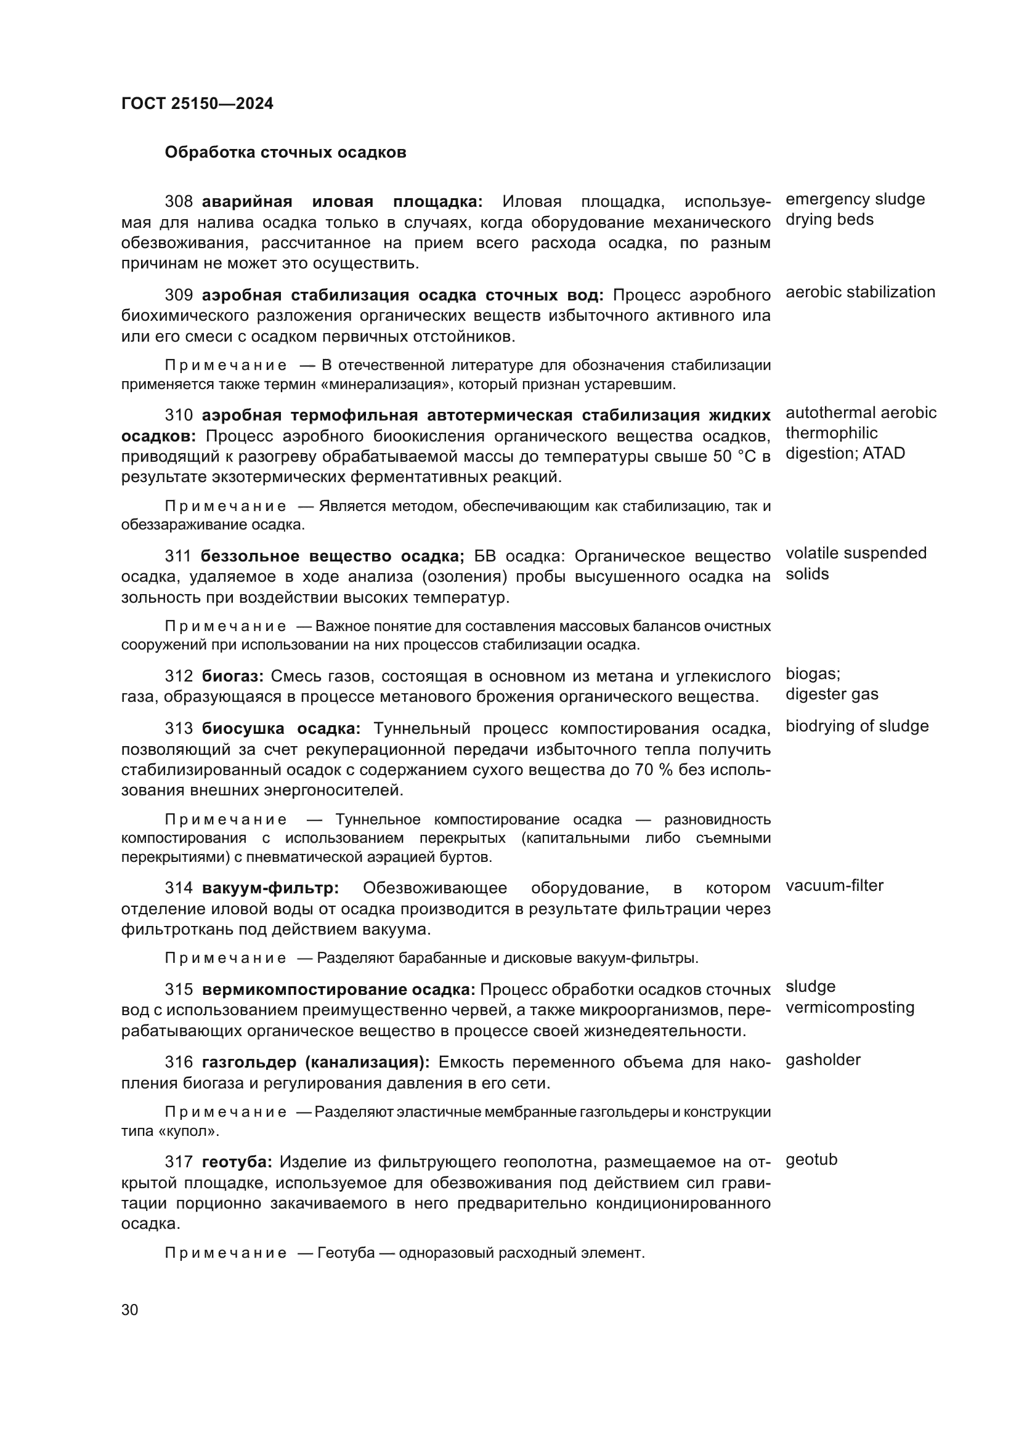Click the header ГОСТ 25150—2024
coord(197,103)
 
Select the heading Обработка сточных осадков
coord(285,153)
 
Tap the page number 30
coord(129,1309)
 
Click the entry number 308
coord(179,201)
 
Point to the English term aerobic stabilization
coord(859,292)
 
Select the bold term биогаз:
coord(233,676)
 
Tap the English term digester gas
coord(831,694)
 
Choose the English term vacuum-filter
coord(834,885)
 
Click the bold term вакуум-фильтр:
coord(270,888)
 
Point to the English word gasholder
coord(822,1060)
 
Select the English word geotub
coord(811,1160)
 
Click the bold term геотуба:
coord(237,1162)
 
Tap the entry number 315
coord(179,990)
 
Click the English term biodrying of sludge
coord(856,726)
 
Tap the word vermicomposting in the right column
coord(850,1008)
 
